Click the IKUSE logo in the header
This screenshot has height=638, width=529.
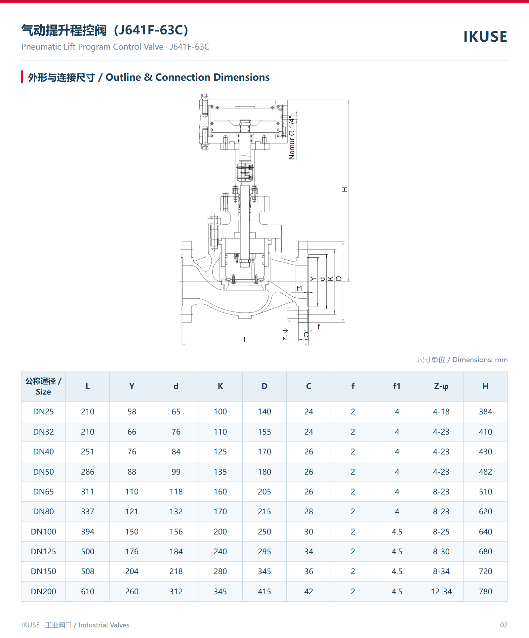(x=485, y=37)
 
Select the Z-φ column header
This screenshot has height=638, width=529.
(x=441, y=386)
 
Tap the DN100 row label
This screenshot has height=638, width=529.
(x=43, y=532)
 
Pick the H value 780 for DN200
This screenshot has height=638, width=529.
(x=485, y=591)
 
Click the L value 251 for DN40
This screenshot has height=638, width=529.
(x=88, y=451)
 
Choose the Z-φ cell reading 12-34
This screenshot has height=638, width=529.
(x=441, y=591)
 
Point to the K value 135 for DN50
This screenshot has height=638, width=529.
(x=220, y=472)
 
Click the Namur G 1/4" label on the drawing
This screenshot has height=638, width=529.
(x=292, y=138)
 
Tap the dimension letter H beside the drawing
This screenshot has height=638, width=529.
(x=345, y=190)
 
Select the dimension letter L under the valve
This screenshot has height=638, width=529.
(x=246, y=340)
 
